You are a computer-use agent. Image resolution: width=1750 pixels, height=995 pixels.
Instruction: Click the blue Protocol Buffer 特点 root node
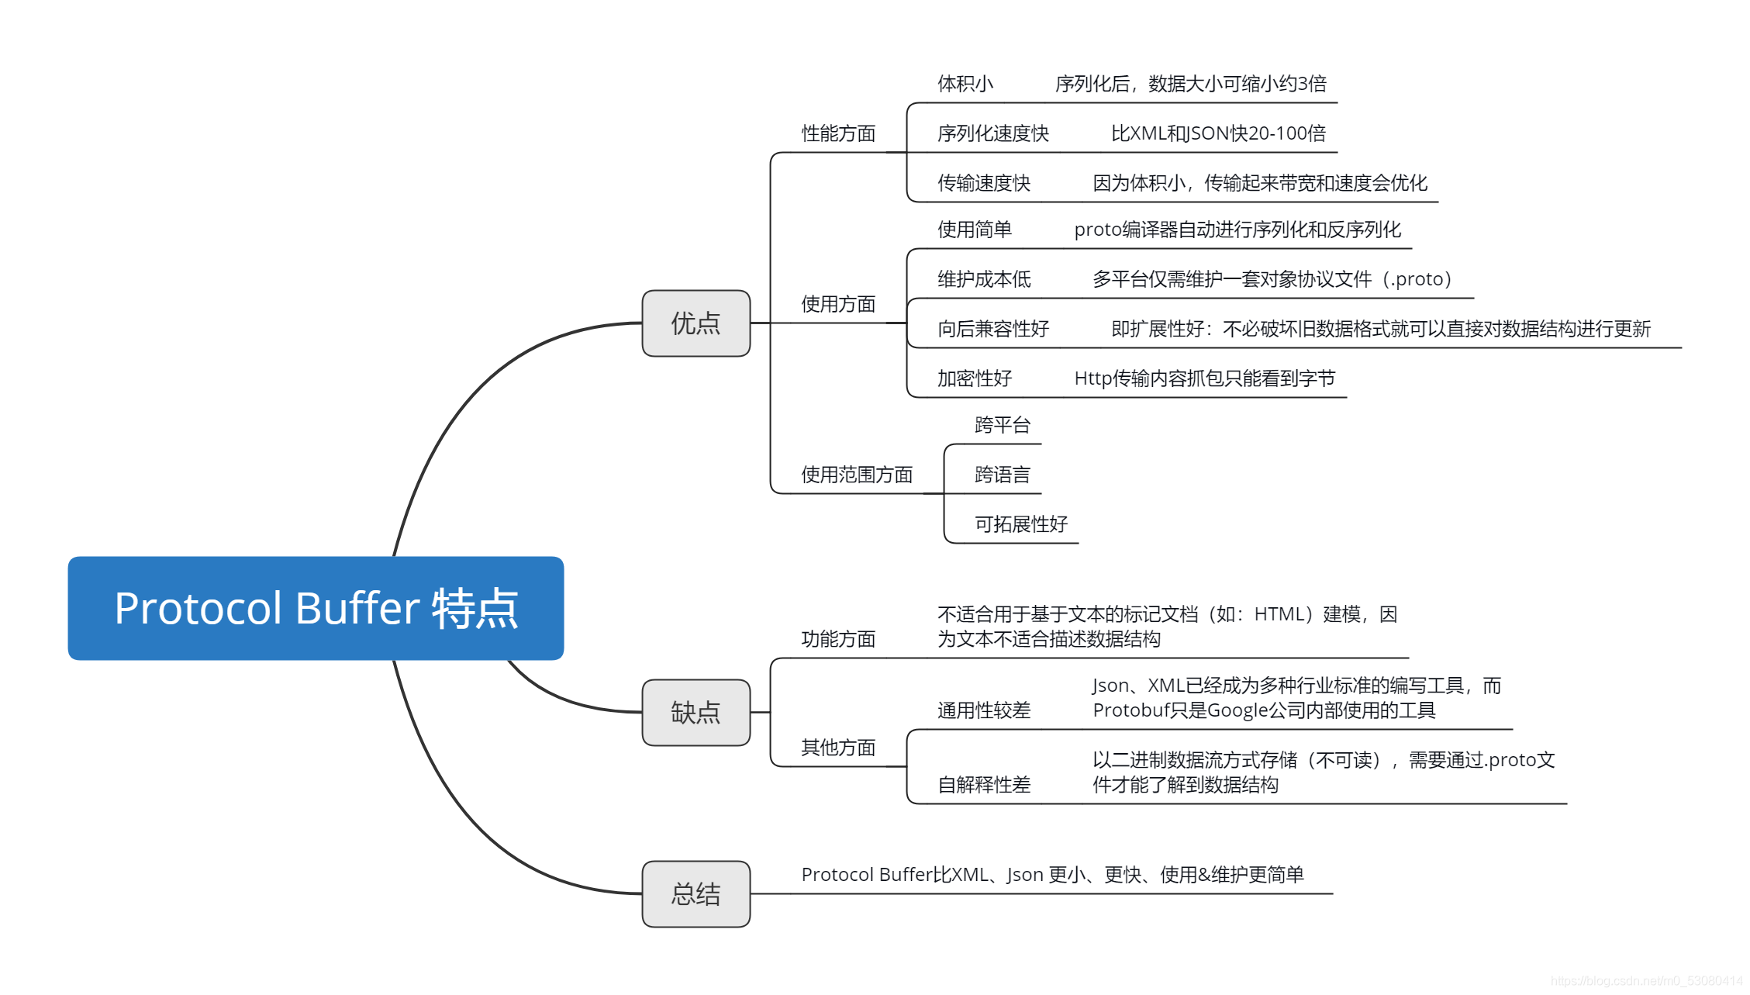[x=316, y=608]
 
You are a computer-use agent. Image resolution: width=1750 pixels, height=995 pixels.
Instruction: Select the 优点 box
[x=696, y=323]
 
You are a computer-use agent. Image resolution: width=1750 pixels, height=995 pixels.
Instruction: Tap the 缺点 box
[x=696, y=712]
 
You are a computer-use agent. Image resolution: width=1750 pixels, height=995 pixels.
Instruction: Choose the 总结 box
[x=696, y=893]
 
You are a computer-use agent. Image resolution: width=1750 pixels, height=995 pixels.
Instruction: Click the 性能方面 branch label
[x=838, y=133]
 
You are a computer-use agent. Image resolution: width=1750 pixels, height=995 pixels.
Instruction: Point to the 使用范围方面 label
[x=856, y=475]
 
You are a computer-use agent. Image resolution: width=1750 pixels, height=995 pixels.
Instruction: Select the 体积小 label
[x=965, y=84]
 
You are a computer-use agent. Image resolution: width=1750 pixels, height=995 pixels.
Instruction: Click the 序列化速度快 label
[x=992, y=133]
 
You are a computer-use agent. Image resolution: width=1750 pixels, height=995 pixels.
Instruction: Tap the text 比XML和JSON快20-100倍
[x=1218, y=133]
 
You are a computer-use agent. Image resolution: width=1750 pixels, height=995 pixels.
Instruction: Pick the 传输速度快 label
[x=983, y=183]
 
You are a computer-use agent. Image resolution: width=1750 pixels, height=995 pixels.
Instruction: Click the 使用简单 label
[x=974, y=230]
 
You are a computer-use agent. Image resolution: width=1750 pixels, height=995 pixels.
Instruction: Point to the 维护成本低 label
[x=983, y=279]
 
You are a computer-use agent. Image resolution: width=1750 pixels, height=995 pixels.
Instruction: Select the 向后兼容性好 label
[x=992, y=329]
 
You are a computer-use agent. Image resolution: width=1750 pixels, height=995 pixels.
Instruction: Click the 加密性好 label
[x=974, y=378]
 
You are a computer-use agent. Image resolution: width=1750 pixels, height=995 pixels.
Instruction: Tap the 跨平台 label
[x=1002, y=425]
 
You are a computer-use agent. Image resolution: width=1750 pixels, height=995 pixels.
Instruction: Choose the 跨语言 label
[x=1002, y=475]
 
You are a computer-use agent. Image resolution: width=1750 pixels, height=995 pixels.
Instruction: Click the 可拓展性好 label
[x=1020, y=524]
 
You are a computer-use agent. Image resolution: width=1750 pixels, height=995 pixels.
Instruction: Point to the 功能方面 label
[x=838, y=639]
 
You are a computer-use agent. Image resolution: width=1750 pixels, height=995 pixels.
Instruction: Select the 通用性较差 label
[x=983, y=710]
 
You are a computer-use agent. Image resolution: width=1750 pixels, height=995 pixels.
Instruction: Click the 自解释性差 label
[x=983, y=785]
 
